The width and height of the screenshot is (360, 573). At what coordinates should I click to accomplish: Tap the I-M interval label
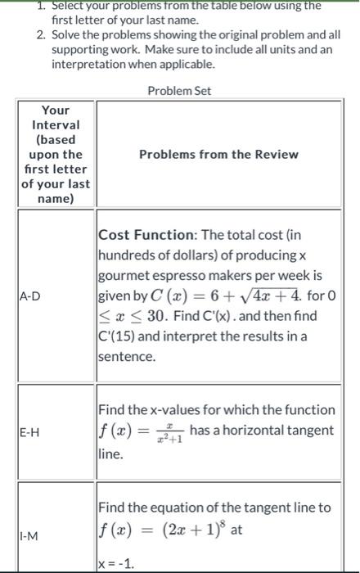(32, 536)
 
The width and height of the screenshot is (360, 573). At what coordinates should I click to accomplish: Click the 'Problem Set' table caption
(179, 90)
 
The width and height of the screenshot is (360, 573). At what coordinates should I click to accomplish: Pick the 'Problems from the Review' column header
(218, 154)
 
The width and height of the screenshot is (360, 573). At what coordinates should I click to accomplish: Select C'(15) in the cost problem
(119, 338)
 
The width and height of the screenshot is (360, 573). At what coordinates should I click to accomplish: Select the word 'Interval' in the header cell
(56, 124)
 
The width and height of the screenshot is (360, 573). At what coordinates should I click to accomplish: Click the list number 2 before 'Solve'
(40, 34)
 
